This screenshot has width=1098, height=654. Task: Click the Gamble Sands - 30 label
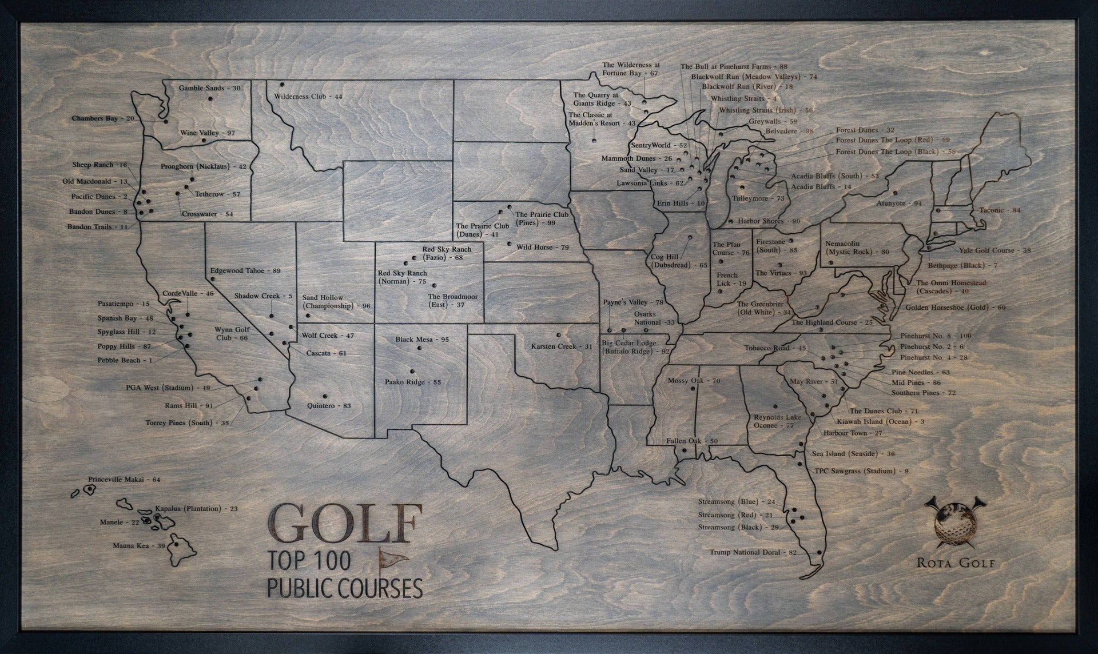pyautogui.click(x=209, y=89)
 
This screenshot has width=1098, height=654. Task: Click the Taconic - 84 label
pyautogui.click(x=1000, y=210)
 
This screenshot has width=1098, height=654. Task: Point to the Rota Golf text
pyautogui.click(x=956, y=563)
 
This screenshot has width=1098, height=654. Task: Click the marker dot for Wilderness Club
pyautogui.click(x=282, y=85)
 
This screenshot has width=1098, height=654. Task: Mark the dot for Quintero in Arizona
pyautogui.click(x=324, y=395)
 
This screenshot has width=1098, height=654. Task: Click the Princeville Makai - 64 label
pyautogui.click(x=124, y=480)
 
